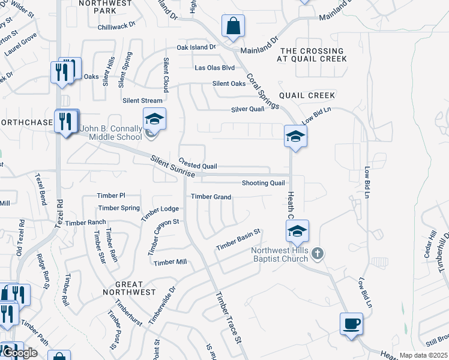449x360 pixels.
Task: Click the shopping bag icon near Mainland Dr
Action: tap(233, 27)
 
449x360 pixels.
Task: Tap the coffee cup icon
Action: tap(351, 324)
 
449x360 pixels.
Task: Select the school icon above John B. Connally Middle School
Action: tap(154, 119)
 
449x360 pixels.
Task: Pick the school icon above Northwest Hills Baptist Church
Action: tap(297, 231)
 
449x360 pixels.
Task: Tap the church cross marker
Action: tap(318, 255)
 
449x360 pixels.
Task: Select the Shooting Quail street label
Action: tap(263, 183)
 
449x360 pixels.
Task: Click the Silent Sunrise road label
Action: tap(173, 166)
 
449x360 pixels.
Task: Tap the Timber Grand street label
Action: tap(211, 197)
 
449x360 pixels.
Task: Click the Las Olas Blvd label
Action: tap(214, 68)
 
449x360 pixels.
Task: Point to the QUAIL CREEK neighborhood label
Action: tap(307, 95)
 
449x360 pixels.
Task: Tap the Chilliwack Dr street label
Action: tap(124, 27)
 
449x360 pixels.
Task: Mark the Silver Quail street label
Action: tap(248, 109)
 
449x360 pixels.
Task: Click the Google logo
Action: tap(19, 353)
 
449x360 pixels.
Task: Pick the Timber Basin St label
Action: tap(238, 239)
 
